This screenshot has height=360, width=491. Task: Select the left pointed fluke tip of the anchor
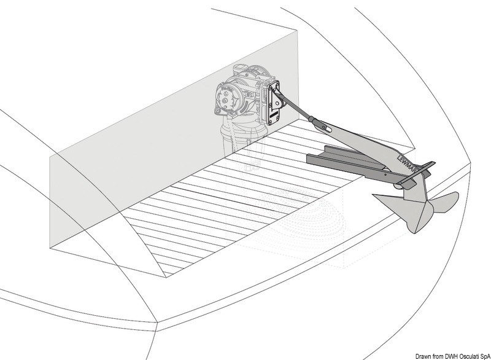[373, 195]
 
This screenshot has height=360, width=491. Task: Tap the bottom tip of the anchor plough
[415, 232]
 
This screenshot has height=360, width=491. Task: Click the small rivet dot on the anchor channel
[385, 175]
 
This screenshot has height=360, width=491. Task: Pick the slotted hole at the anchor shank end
[327, 129]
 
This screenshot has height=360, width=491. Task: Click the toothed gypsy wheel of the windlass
[225, 99]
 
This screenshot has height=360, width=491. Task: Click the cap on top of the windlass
[239, 68]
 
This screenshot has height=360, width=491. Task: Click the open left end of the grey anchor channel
[309, 159]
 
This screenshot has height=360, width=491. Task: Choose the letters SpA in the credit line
[486, 356]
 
